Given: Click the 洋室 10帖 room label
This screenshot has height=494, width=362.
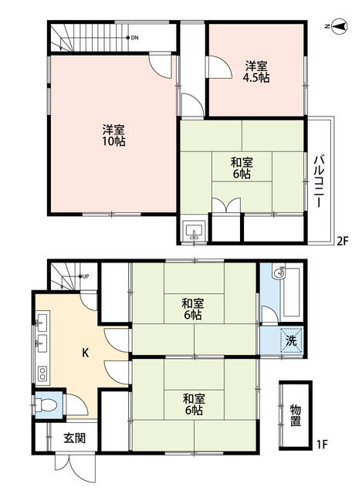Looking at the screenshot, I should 113,134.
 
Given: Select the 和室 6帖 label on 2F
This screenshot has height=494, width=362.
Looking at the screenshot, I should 241,168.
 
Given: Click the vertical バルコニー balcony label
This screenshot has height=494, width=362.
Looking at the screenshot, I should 318,179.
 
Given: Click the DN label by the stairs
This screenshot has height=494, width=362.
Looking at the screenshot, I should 134,37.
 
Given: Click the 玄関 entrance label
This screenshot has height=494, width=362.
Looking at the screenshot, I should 74,438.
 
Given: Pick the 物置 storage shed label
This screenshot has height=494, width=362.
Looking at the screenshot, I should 296,415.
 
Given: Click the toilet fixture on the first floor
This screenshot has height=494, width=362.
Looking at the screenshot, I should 46,404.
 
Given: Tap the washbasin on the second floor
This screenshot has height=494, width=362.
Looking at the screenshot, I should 194,230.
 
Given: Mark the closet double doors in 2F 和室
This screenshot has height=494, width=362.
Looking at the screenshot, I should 227,207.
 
